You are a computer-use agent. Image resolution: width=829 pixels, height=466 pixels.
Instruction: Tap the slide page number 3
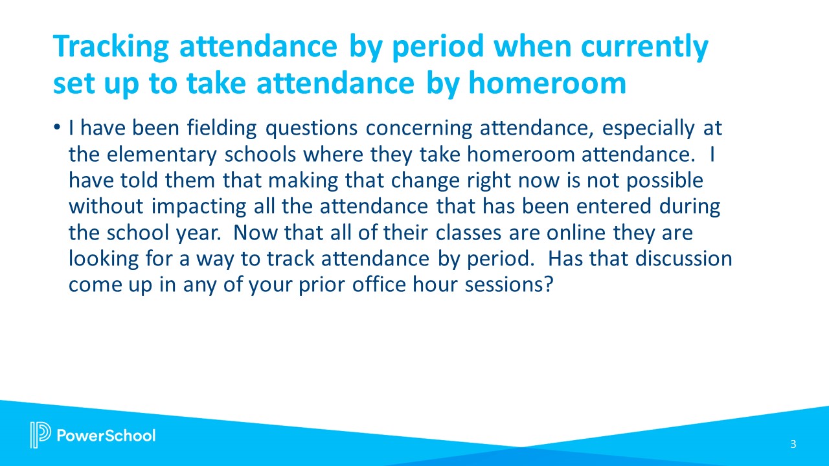click(x=793, y=444)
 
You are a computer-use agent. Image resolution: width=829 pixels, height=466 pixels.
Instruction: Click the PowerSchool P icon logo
click(x=40, y=435)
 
